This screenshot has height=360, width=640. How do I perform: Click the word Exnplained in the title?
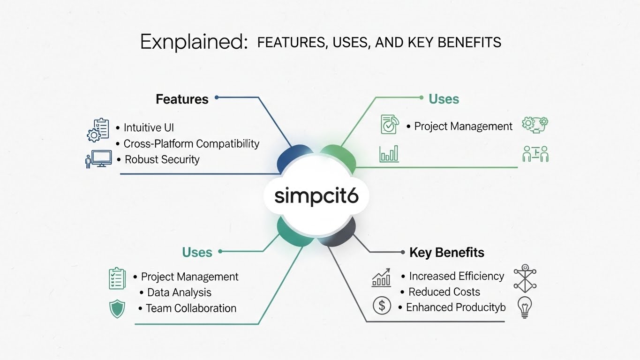(x=194, y=42)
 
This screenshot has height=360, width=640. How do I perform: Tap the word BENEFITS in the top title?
(x=469, y=43)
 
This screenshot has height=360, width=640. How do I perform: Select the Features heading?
(x=182, y=99)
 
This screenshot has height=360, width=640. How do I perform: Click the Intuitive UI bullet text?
(x=149, y=127)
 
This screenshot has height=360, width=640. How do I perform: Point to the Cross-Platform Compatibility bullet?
(x=191, y=143)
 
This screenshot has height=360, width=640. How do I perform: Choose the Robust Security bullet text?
(x=162, y=159)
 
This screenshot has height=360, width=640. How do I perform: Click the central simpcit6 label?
(x=316, y=196)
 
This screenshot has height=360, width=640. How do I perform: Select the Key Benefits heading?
(x=446, y=252)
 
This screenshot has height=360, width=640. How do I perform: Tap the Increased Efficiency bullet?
(x=456, y=276)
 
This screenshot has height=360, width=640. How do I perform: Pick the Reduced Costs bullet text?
(x=444, y=292)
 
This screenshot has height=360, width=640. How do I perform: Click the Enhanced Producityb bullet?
(x=456, y=307)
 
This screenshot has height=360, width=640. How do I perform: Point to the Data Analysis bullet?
(x=179, y=292)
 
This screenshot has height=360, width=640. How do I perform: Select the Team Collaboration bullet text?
(x=191, y=308)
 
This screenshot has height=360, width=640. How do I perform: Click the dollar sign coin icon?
(x=382, y=306)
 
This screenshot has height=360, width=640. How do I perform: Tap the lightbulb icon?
(x=524, y=307)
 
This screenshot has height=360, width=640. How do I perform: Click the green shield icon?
(x=117, y=309)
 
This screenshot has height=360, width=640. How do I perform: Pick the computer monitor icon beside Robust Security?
(x=101, y=159)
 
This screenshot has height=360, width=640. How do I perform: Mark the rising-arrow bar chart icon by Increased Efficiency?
(x=382, y=277)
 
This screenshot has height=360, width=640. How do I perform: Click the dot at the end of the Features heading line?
(x=217, y=97)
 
